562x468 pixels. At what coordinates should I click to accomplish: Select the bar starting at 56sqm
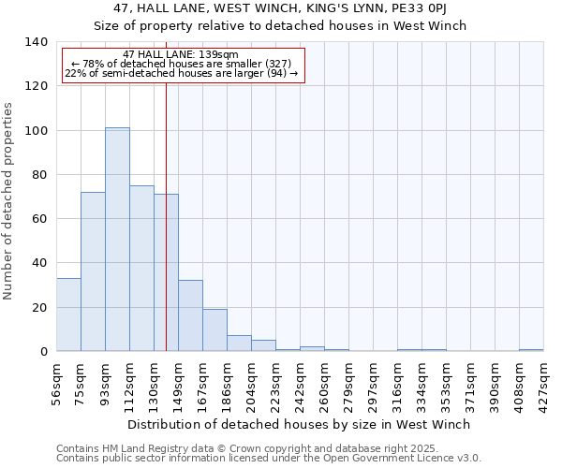click(68, 314)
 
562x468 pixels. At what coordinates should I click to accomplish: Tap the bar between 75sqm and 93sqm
click(93, 271)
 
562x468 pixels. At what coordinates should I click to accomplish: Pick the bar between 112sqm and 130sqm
click(141, 269)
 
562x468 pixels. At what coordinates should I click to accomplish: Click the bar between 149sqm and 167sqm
click(190, 315)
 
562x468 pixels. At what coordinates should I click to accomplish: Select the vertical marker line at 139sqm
click(166, 206)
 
